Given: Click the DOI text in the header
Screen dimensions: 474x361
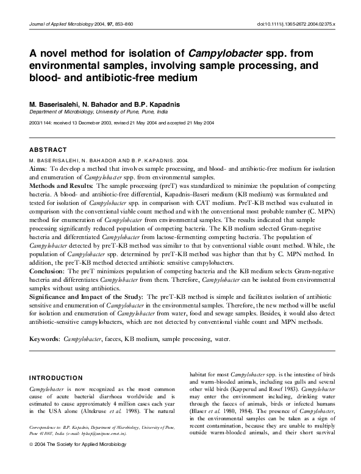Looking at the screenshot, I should coord(301,23).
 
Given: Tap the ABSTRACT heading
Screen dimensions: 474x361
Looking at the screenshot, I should coord(48,149).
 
